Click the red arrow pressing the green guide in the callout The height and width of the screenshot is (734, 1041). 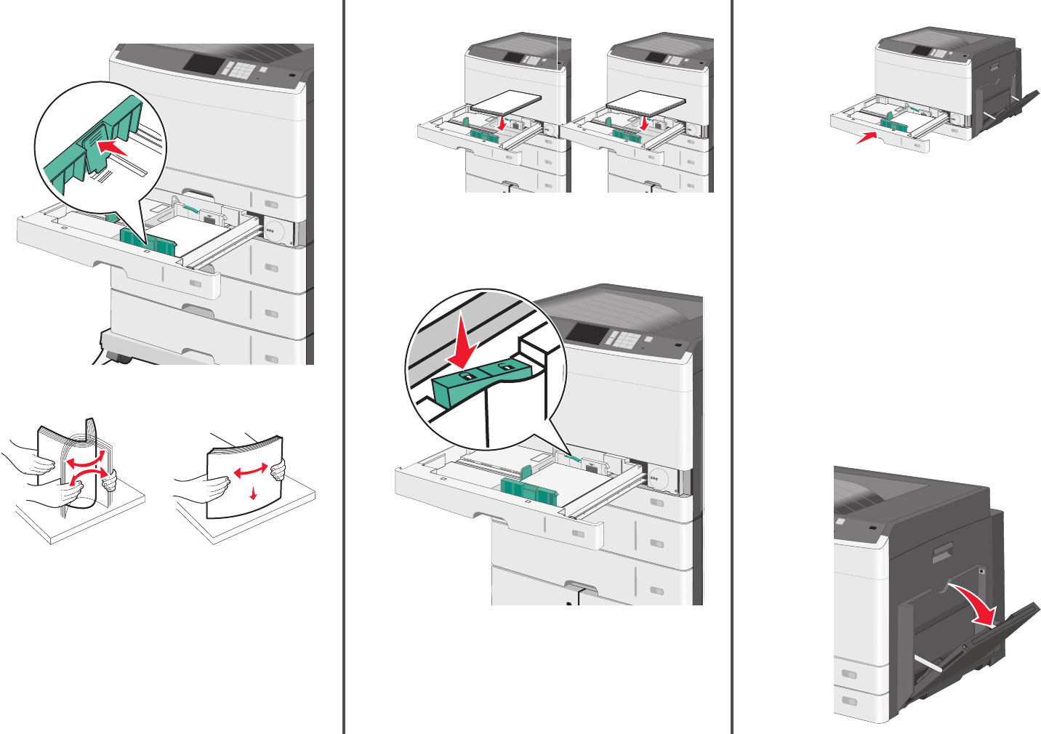(113, 148)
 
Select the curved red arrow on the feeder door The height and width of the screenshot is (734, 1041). (977, 603)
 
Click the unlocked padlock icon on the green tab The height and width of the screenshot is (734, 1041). (503, 369)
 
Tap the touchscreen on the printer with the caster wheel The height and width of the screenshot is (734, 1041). (204, 62)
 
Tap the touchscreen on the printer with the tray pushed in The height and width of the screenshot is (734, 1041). (921, 51)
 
